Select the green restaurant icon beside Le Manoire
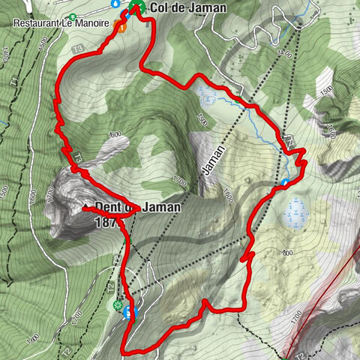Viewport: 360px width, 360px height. (x=72, y=16)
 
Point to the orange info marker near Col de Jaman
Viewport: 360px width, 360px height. (x=121, y=28)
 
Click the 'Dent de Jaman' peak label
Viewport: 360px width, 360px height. (x=138, y=206)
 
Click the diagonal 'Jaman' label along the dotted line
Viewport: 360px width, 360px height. (x=212, y=158)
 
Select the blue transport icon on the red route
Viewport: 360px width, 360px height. (x=132, y=312)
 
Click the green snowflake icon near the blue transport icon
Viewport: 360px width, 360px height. (x=117, y=305)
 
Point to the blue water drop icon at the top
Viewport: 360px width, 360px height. (x=115, y=4)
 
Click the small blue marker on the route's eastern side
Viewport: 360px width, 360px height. (x=286, y=182)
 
